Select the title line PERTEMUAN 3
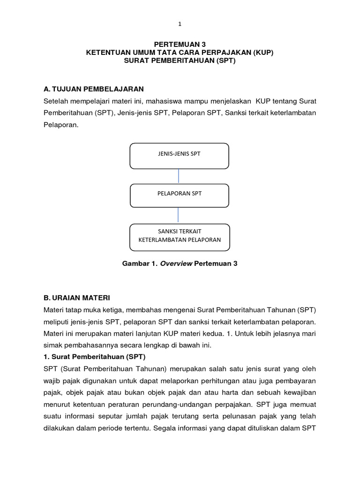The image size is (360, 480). (180, 45)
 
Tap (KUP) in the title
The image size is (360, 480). (262, 53)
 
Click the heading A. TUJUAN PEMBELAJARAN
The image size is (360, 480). (93, 89)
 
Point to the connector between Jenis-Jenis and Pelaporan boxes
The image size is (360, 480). (179, 176)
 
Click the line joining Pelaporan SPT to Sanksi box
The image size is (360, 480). (179, 215)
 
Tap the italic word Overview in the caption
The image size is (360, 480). (176, 264)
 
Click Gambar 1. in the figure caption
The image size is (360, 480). (140, 264)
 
